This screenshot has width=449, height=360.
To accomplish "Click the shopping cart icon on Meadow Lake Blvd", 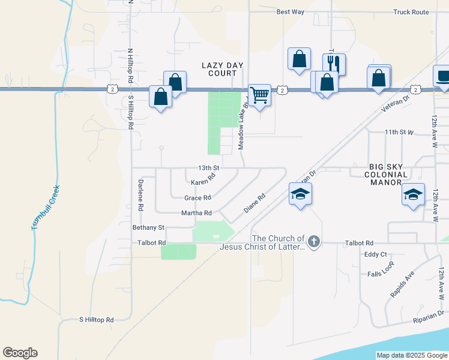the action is point(259,95).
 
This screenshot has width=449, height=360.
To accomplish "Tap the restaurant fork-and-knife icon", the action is point(334,64).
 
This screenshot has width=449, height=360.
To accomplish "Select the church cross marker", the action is point(315,243).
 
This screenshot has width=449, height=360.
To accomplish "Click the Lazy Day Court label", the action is point(219,69).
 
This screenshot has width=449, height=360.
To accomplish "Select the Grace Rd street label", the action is point(197,197).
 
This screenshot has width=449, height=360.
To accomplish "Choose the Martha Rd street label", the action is point(196,213).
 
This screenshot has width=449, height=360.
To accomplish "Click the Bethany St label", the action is point(148,227).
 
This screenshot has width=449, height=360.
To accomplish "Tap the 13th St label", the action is point(209,167).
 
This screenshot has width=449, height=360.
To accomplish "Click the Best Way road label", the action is point(291,11).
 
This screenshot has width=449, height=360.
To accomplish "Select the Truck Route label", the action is point(411,11).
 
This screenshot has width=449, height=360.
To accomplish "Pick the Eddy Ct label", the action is point(376,254).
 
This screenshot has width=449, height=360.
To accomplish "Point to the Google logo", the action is point(20,353).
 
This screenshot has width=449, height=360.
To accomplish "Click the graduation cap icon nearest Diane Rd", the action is point(301,194).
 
